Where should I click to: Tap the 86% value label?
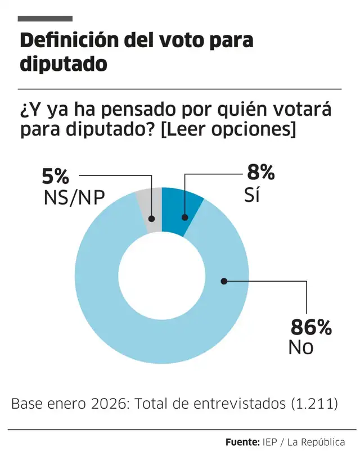coord(310,327)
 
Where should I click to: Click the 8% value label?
coord(261,172)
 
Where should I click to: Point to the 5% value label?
coord(56,177)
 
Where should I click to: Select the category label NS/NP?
coord(73,198)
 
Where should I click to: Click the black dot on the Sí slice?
coord(184,216)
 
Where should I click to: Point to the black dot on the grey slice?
coord(152,216)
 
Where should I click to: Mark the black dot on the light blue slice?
coord(223,281)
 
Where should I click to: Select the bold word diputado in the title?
coord(63,64)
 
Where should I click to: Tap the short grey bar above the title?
coord(45,19)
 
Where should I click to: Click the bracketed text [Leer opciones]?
coord(228,129)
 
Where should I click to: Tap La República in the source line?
coord(316,442)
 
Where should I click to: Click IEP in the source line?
coord(269,442)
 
